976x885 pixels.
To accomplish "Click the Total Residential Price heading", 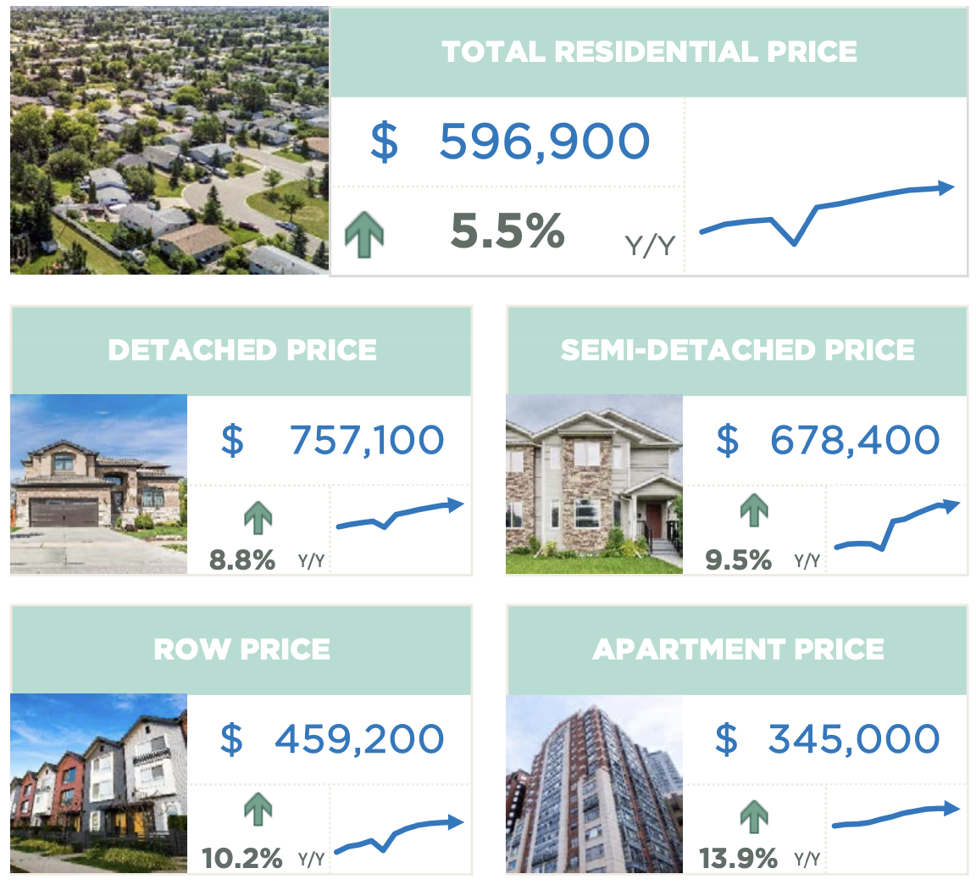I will (x=649, y=52).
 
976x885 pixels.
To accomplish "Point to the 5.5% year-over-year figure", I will (x=507, y=231).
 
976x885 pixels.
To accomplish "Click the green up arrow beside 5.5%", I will (x=364, y=236).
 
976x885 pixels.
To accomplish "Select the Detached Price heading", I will (x=242, y=350).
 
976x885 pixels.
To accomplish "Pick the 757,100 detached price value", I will (x=366, y=440).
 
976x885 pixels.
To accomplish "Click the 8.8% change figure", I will (x=242, y=559).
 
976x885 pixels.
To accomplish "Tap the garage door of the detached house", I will (x=64, y=512).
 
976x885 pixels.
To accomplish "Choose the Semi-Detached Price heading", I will (x=737, y=350).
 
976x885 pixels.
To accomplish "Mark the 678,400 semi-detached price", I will (x=854, y=440).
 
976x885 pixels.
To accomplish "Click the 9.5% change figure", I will (x=738, y=559).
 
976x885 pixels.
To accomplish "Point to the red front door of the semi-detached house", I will (x=653, y=520).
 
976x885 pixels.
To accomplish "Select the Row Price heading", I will (x=242, y=649).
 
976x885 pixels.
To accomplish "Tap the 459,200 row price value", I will (x=358, y=738).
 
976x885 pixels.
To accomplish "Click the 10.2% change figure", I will (x=242, y=858).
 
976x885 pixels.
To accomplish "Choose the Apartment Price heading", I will (x=738, y=649).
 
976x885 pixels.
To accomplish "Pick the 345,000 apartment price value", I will (x=853, y=738).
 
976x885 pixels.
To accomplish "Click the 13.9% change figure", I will (x=738, y=858).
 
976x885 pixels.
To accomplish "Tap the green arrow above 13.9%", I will (x=754, y=817).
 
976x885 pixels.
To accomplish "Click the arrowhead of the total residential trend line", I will (x=945, y=187).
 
